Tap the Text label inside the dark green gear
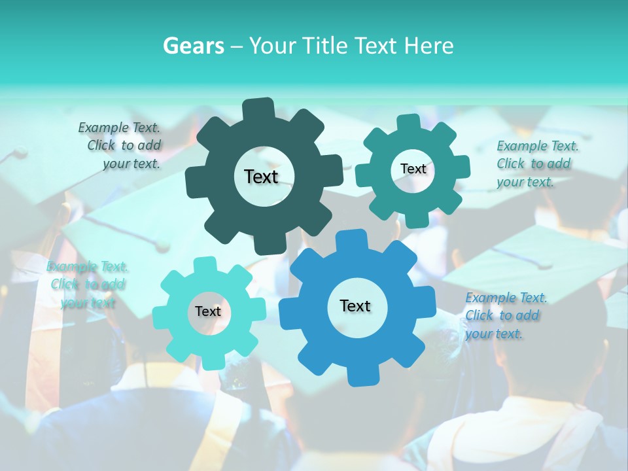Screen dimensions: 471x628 (261, 177)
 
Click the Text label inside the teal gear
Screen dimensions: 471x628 (413, 169)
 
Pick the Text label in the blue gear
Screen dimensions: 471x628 (355, 305)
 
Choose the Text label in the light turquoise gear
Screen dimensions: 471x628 (208, 311)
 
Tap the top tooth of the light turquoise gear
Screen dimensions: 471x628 (205, 264)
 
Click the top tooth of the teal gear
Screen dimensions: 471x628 (409, 122)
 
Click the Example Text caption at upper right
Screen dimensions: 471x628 (536, 164)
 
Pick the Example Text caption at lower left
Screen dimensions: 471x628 (88, 285)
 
